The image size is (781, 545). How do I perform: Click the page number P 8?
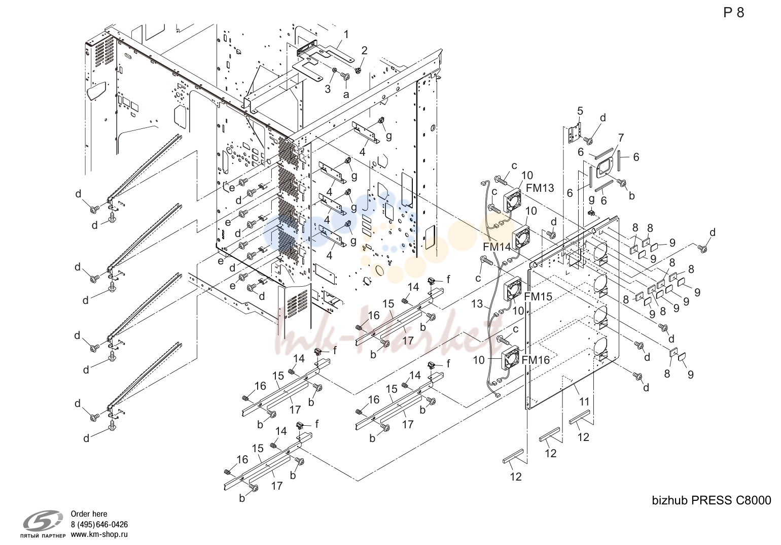click(733, 13)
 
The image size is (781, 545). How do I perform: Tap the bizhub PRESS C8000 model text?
click(712, 500)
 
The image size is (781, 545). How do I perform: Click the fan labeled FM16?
click(510, 358)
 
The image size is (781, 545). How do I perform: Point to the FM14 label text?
click(497, 247)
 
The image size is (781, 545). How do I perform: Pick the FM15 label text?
click(539, 296)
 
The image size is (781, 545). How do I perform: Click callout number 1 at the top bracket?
click(346, 35)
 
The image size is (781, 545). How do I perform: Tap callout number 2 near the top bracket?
click(364, 51)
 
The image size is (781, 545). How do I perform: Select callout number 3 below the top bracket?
click(328, 89)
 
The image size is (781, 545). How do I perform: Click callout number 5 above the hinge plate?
click(580, 111)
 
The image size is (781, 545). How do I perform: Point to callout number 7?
click(621, 138)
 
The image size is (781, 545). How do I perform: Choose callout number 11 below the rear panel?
click(584, 401)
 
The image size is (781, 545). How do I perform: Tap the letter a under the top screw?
click(346, 94)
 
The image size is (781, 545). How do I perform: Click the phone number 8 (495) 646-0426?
click(99, 524)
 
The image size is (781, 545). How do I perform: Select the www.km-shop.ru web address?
click(99, 534)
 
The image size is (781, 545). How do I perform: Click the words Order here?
click(89, 514)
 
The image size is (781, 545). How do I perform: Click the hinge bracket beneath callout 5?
click(575, 133)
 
